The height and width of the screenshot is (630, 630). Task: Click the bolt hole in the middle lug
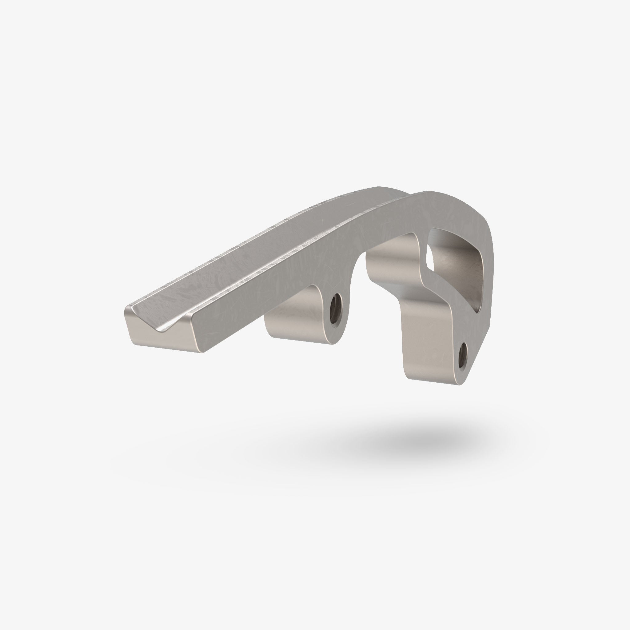click(335, 308)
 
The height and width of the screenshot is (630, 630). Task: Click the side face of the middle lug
click(293, 313)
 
